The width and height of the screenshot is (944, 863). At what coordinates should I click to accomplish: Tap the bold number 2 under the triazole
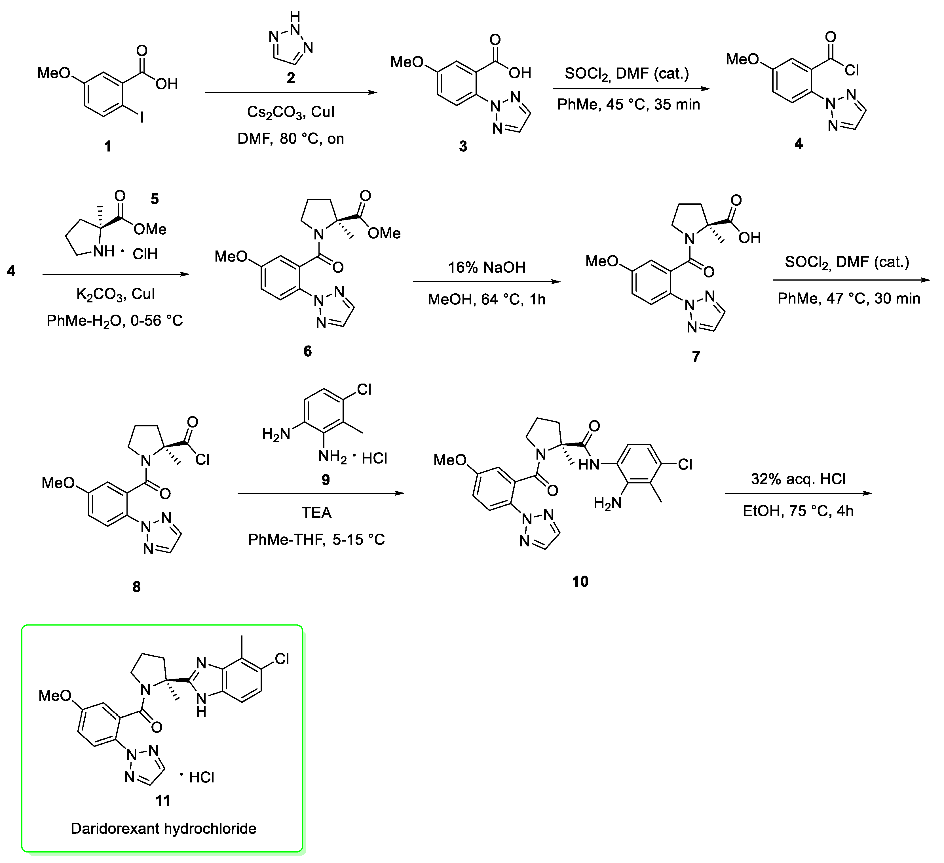click(291, 78)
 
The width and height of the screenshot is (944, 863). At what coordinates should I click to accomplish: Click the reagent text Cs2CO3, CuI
click(291, 112)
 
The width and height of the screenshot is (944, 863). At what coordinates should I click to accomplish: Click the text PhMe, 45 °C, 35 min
click(628, 104)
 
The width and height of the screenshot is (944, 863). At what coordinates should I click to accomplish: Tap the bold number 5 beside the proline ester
click(155, 199)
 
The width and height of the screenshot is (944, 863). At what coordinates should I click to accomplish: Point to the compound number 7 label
click(696, 357)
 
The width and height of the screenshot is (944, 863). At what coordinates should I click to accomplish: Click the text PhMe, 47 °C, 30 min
click(848, 298)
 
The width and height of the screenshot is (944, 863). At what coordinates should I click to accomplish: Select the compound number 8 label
click(137, 587)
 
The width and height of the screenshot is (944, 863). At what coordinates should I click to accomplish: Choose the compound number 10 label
click(580, 581)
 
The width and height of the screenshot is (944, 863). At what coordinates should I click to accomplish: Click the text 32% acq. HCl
click(798, 479)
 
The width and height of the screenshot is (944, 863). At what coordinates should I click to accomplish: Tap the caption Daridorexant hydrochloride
click(163, 829)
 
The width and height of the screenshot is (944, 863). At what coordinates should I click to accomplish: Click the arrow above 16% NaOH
click(487, 282)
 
